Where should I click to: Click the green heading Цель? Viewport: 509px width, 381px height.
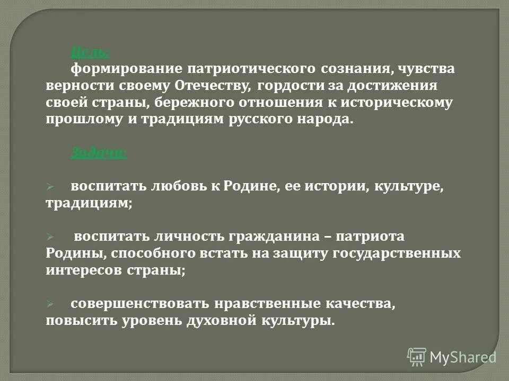point(90,52)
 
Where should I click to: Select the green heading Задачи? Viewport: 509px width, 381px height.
point(99,153)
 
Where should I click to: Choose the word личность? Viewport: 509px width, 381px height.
point(185,237)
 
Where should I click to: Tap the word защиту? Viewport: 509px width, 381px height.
point(302,253)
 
